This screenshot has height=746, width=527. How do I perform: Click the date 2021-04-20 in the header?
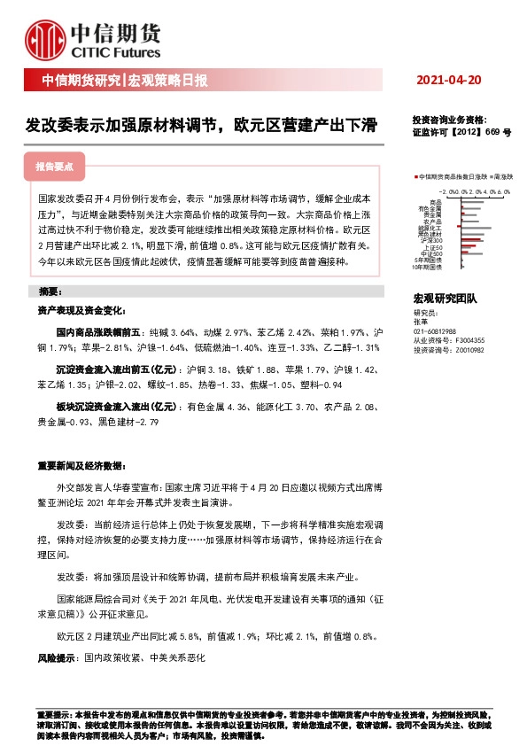click(449, 81)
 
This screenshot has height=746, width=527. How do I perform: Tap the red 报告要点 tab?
click(60, 166)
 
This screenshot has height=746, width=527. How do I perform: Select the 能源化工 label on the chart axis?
click(430, 227)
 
